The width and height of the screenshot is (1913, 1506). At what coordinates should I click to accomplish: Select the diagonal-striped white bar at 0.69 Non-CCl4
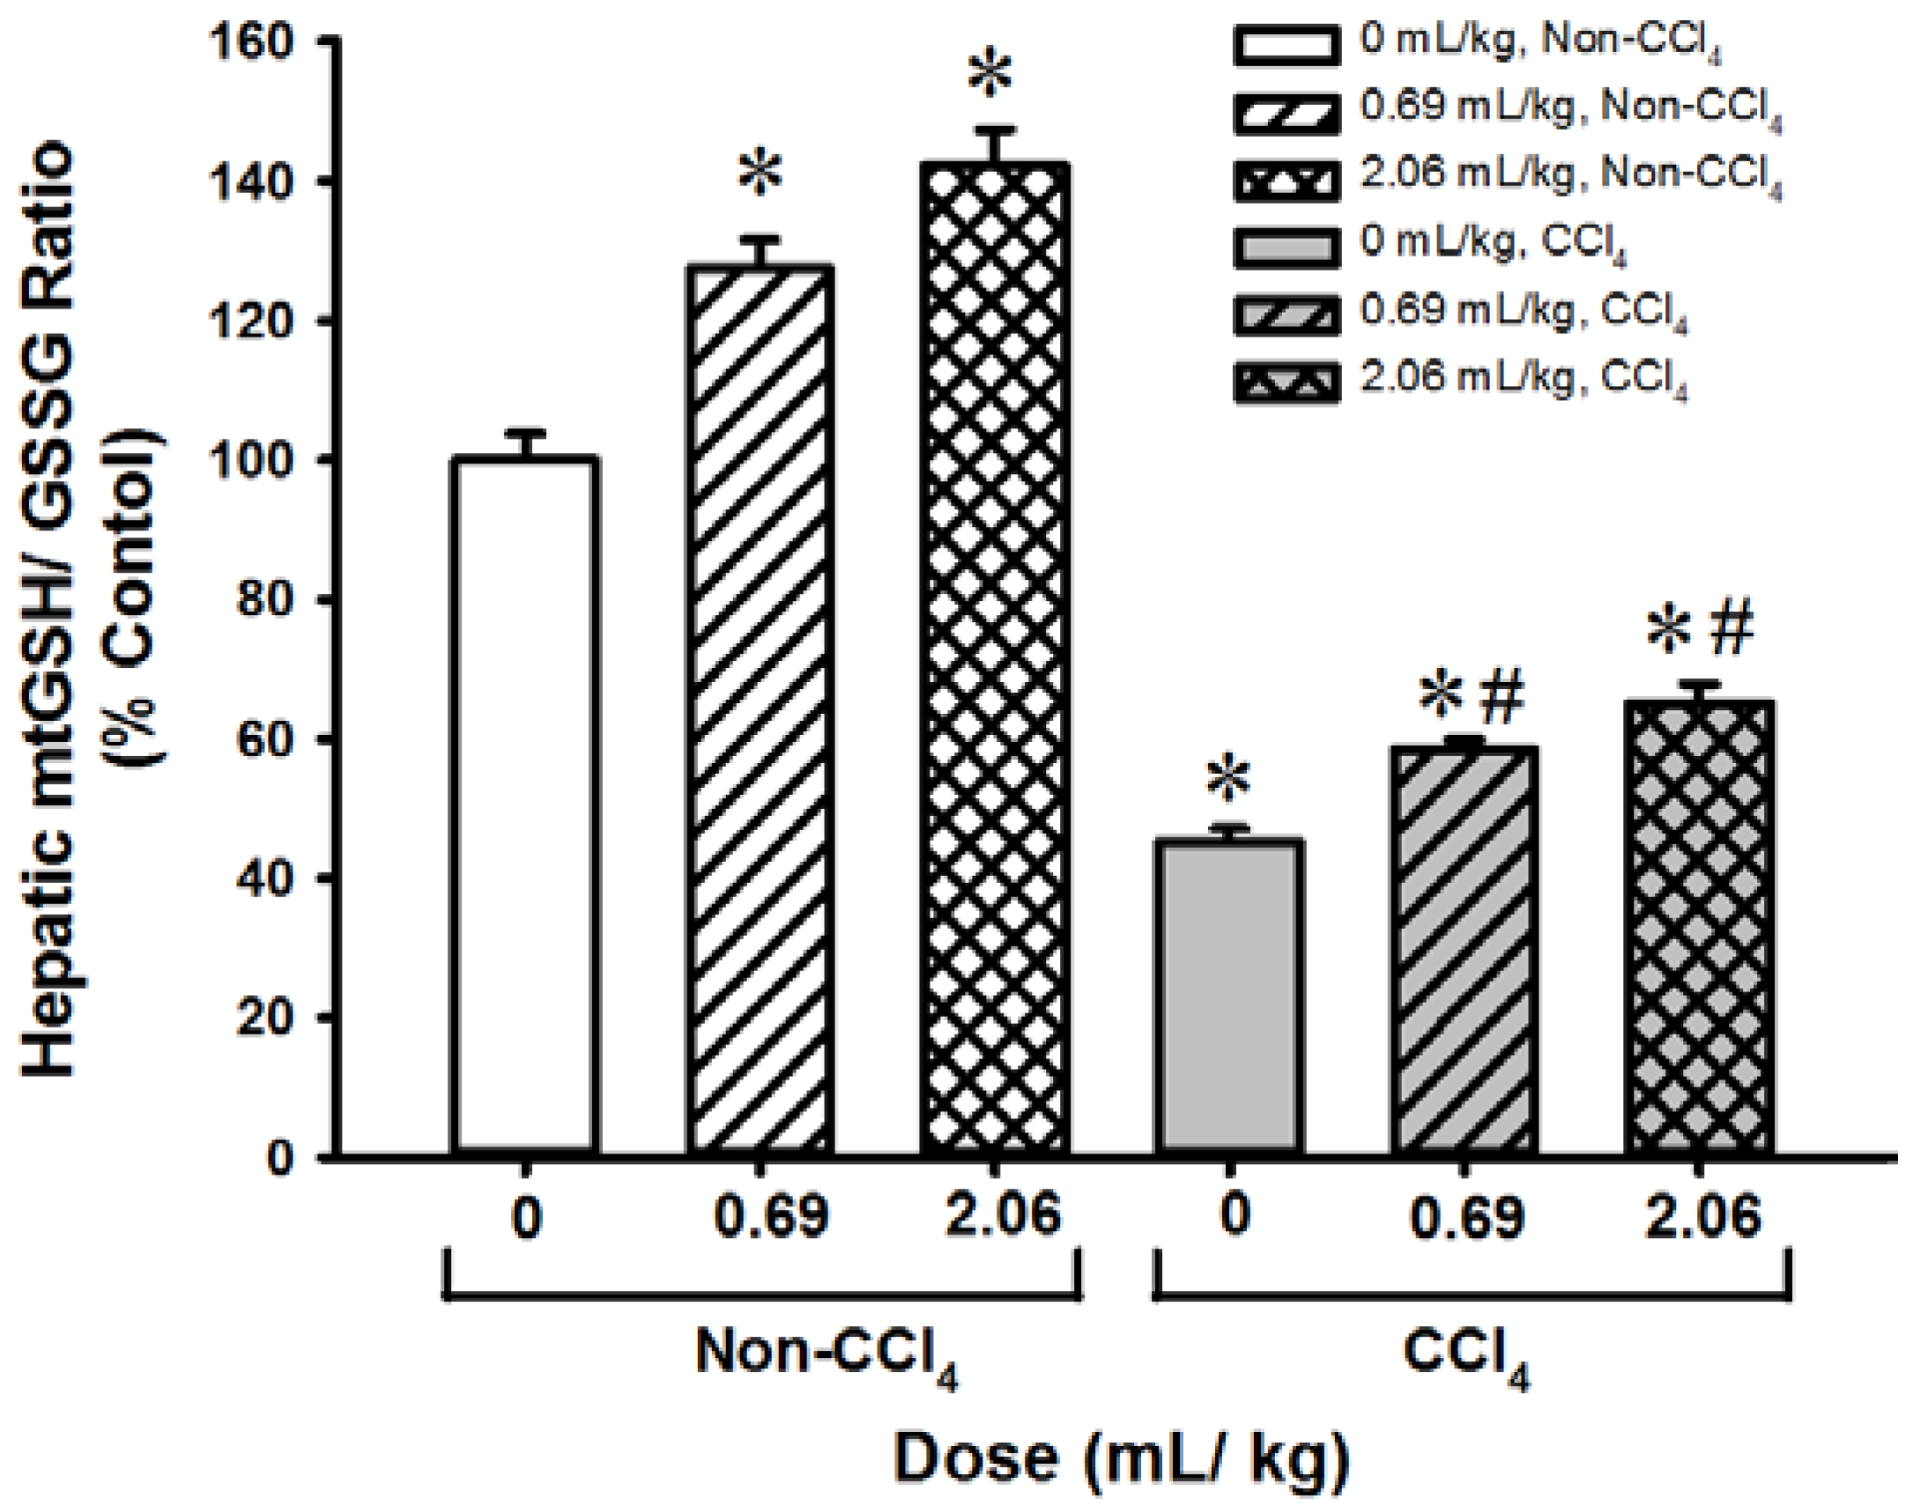760,709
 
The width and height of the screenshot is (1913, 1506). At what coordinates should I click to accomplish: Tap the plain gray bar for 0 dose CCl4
1229,997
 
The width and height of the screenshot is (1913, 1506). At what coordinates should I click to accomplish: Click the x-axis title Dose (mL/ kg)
1122,1458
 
